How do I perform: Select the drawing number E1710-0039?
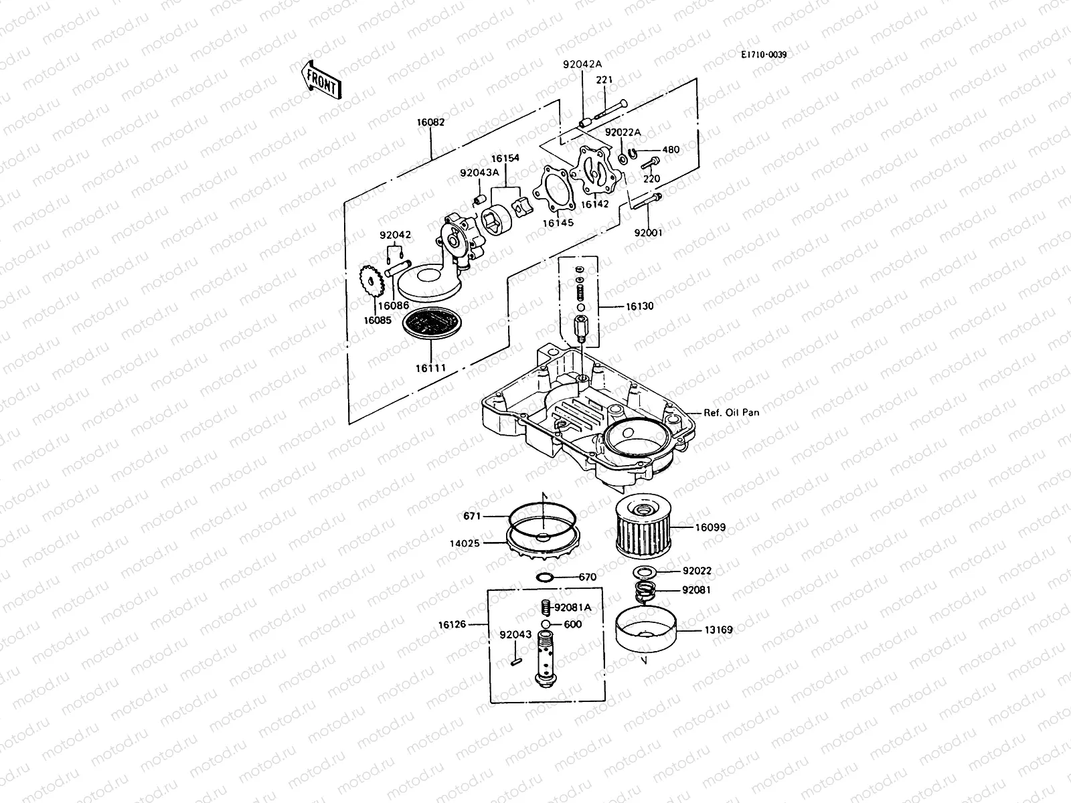[x=763, y=55]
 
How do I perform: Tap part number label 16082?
[x=430, y=122]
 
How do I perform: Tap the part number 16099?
[x=710, y=528]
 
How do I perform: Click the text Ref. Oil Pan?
[x=731, y=413]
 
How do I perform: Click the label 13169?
[x=718, y=630]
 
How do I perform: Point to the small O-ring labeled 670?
[x=545, y=577]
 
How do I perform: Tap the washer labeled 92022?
[x=643, y=572]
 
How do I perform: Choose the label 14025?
[x=464, y=543]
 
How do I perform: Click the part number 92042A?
[x=582, y=64]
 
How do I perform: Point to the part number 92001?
[x=648, y=234]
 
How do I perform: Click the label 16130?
[x=640, y=306]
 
